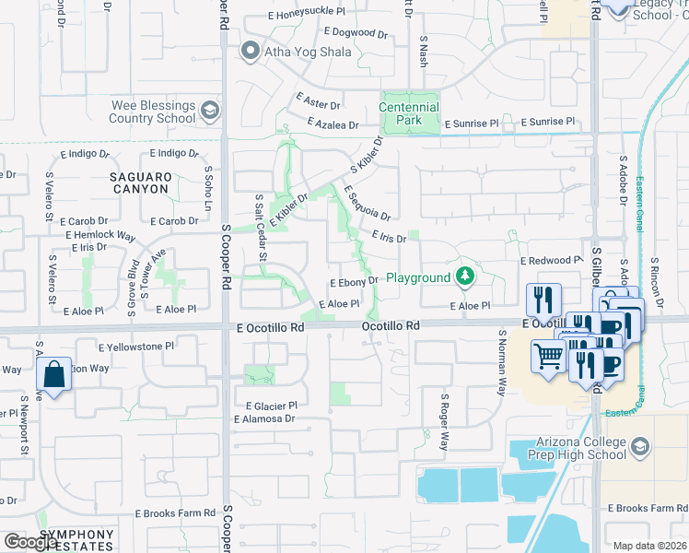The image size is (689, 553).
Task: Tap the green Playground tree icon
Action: click(x=466, y=276)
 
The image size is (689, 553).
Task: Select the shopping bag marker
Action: click(x=54, y=374)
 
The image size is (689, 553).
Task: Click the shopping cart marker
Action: click(x=549, y=355)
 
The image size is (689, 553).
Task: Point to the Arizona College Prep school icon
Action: click(x=641, y=447)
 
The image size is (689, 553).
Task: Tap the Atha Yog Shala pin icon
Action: click(x=249, y=52)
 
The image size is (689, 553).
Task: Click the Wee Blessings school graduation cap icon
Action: click(x=210, y=112)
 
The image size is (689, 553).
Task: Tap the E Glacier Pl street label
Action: click(x=271, y=406)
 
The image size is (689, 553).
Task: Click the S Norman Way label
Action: click(x=502, y=363)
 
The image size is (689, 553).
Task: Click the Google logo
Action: click(x=31, y=542)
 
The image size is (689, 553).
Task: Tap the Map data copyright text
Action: click(x=648, y=546)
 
